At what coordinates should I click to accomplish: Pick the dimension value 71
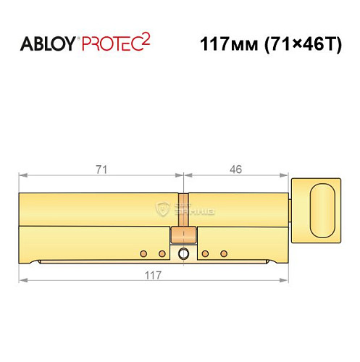click(x=102, y=169)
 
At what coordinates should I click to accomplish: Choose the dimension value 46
click(x=235, y=169)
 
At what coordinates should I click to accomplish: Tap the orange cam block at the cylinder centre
click(x=183, y=235)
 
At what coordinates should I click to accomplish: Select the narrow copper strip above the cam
click(x=183, y=210)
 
